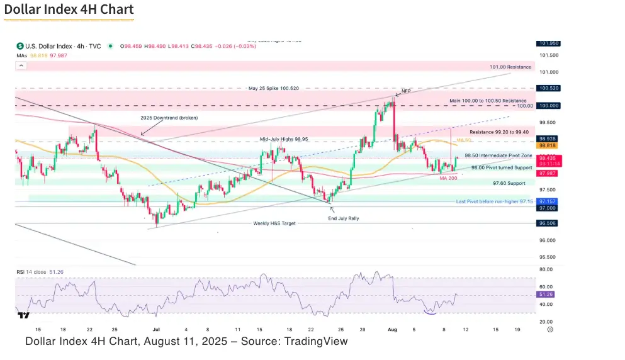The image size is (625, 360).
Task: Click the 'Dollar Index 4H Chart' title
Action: click(69, 10)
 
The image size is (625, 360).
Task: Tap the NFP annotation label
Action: click(406, 91)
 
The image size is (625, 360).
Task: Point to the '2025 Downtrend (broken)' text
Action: click(169, 118)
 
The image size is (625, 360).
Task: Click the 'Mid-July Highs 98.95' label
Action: click(284, 138)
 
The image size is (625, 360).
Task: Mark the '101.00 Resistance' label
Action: click(510, 67)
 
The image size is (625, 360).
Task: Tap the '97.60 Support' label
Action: click(509, 183)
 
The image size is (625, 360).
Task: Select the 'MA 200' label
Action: click(448, 177)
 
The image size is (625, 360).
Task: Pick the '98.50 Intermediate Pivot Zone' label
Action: click(498, 155)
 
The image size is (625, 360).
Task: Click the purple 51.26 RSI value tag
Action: click(546, 294)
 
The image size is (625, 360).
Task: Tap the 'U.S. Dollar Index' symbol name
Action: click(47, 46)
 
